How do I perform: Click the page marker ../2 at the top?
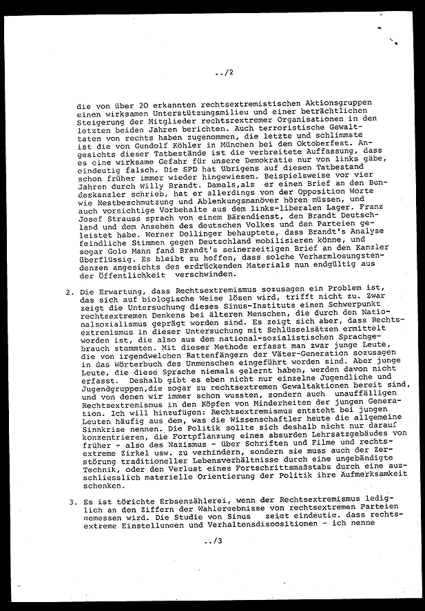pos(225,72)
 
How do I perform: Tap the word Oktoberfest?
pos(344,145)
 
